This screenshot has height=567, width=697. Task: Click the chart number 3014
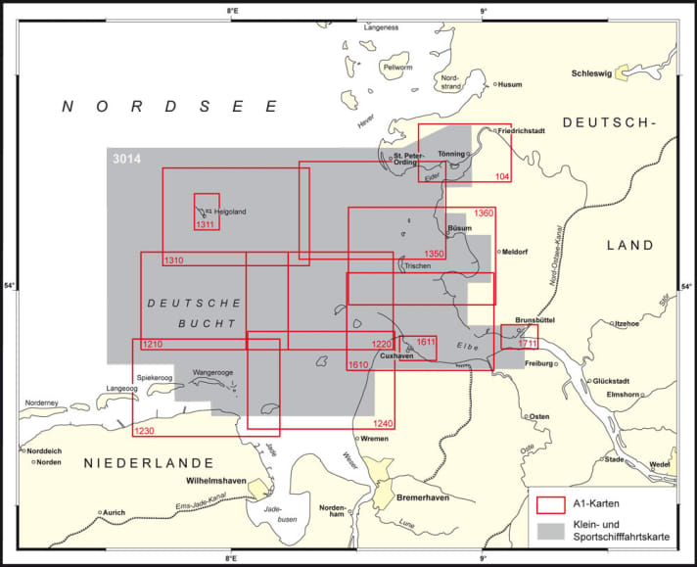(x=126, y=159)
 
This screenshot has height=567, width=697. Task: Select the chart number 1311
(x=206, y=225)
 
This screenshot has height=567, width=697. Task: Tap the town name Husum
(x=511, y=84)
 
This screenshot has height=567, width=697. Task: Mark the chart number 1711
(x=529, y=343)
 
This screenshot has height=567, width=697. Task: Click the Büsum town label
(x=460, y=228)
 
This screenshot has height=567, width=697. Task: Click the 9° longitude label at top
(x=483, y=12)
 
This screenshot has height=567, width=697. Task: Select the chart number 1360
(x=485, y=213)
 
